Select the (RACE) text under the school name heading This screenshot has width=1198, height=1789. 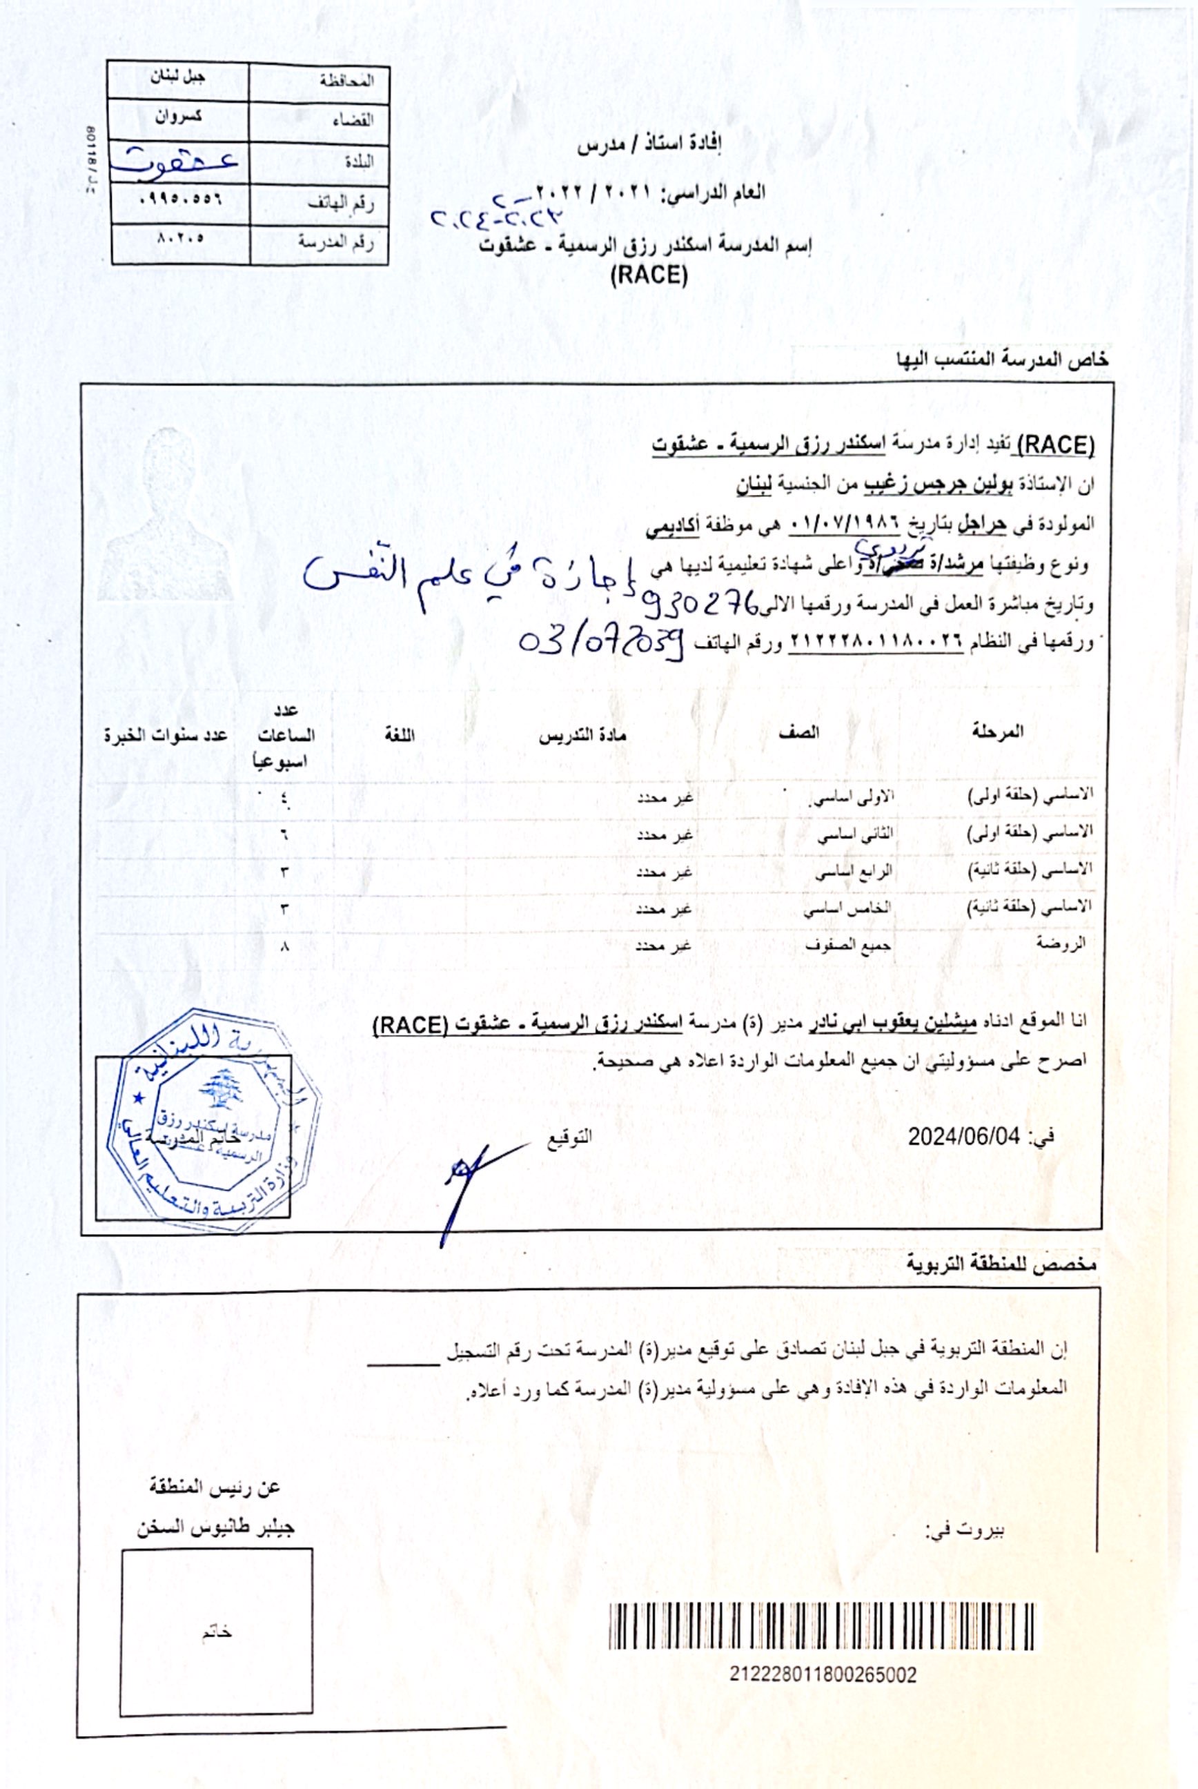(649, 275)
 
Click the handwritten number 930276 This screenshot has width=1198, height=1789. (700, 605)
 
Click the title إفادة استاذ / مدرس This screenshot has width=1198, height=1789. (649, 144)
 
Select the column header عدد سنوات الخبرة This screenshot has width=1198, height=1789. (166, 736)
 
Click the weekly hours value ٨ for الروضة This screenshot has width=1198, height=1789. (285, 947)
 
